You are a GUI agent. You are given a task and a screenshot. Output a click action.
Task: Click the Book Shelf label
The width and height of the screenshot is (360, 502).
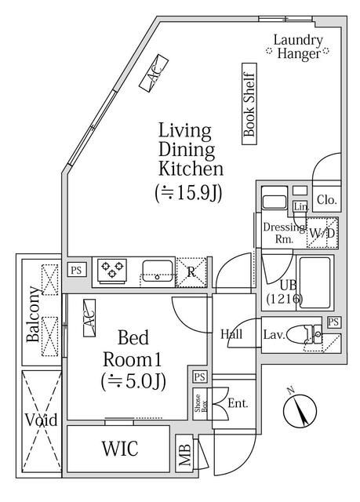(249, 104)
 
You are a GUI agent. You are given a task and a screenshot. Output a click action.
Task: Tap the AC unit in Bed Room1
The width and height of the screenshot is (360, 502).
(89, 318)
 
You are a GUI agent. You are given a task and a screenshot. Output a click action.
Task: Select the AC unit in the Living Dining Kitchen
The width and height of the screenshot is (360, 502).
(154, 74)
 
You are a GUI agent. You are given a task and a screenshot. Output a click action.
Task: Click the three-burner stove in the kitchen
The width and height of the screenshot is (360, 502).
(112, 271)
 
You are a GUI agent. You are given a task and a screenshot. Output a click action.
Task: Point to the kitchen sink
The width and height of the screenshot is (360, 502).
(158, 271)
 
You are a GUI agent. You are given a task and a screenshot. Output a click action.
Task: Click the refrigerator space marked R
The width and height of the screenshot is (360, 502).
(191, 272)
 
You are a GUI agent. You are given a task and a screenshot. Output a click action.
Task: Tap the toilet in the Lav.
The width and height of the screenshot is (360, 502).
(303, 335)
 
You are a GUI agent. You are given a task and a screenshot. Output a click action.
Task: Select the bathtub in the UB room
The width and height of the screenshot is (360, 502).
(315, 282)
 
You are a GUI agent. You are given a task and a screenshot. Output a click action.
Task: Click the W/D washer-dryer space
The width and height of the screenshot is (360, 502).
(322, 233)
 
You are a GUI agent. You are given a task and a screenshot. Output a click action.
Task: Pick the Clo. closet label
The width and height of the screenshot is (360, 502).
(327, 200)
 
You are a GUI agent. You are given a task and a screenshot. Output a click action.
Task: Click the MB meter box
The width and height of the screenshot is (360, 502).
(184, 453)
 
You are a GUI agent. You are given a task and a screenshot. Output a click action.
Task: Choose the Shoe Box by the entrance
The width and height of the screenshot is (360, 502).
(200, 403)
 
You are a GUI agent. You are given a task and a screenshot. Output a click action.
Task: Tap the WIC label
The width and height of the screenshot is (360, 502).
(120, 448)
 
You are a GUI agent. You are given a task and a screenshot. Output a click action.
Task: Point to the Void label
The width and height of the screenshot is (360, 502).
(42, 420)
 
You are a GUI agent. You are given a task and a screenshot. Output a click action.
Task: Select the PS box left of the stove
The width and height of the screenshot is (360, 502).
(77, 270)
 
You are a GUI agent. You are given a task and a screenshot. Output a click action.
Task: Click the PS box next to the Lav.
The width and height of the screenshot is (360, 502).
(333, 322)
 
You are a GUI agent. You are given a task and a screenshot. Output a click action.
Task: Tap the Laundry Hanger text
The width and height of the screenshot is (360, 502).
(298, 47)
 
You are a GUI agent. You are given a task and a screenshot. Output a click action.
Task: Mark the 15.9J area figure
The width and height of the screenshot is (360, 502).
(188, 193)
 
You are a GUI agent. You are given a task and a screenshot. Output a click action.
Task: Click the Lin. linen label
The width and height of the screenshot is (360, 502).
(301, 207)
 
